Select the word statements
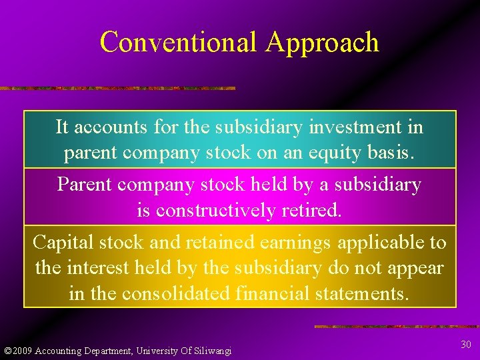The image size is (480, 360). pos(360,294)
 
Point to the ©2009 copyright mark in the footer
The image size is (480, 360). pos(18,351)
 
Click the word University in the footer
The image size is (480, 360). pos(151,351)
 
